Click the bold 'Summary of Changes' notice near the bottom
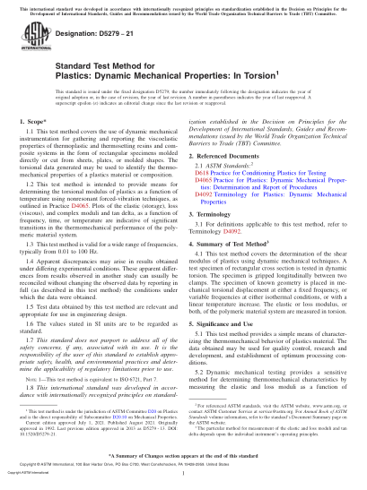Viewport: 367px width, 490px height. tap(184, 454)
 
